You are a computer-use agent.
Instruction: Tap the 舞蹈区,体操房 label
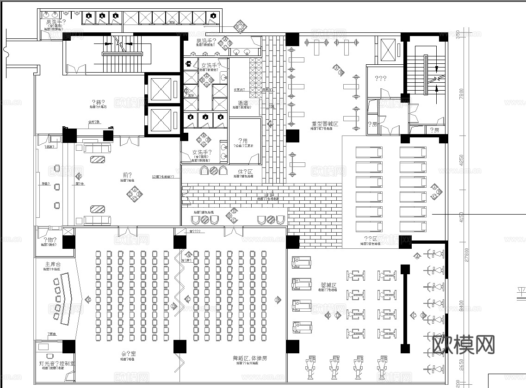point(251,358)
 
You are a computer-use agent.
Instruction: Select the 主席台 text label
point(53,264)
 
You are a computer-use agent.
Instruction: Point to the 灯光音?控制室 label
point(55,363)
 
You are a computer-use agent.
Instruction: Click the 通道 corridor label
point(243,103)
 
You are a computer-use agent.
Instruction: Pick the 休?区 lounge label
point(243,171)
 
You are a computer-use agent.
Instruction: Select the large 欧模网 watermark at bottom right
point(464,345)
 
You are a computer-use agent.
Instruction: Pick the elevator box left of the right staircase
point(388,49)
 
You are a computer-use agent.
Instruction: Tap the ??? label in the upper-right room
point(381,79)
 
